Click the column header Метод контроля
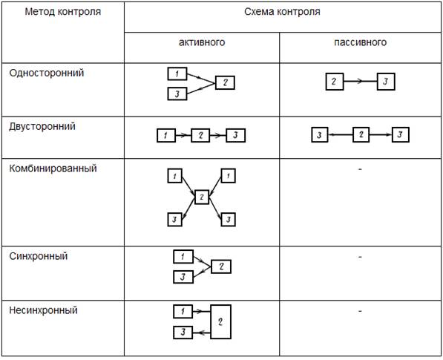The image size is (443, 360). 63,12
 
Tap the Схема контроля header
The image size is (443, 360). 282,12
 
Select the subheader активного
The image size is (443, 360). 202,42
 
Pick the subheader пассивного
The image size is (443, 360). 360,42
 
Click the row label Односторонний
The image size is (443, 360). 47,73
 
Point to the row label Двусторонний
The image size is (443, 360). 42,126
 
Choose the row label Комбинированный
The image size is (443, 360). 53,168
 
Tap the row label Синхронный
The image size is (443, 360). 39,256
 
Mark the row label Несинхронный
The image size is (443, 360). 43,310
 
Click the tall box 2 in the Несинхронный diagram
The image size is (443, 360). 220,321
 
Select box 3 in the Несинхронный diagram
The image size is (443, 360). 183,333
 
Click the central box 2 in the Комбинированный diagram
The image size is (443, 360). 202,197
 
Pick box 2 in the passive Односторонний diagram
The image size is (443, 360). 335,82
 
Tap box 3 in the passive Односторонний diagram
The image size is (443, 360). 386,82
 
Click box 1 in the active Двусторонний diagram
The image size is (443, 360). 166,135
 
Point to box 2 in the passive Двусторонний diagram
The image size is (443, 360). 361,135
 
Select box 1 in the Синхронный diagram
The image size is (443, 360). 183,257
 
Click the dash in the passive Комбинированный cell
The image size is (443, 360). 360,169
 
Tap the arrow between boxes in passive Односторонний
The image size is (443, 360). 361,82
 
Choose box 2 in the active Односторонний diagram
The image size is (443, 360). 225,82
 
